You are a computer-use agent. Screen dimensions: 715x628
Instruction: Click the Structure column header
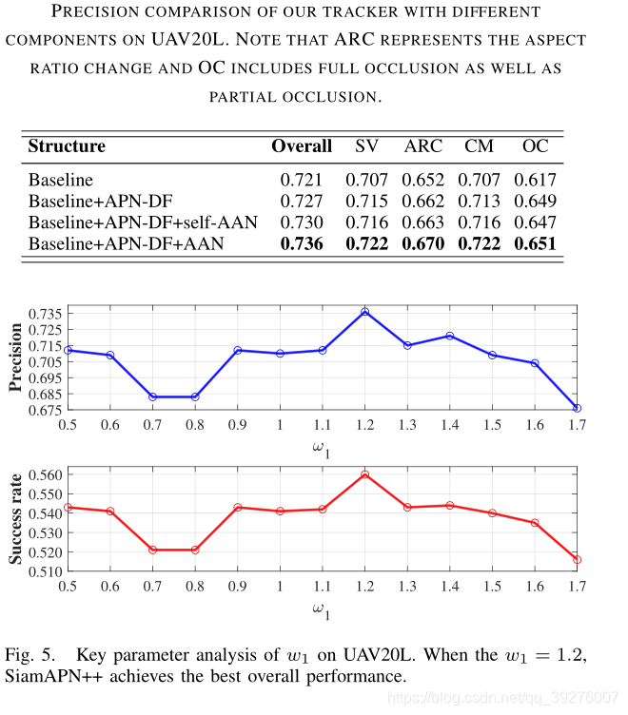click(67, 146)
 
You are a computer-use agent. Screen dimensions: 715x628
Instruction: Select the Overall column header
click(302, 146)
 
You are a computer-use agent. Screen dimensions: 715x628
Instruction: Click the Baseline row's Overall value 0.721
click(302, 180)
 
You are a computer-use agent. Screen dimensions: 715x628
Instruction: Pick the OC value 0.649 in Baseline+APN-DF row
click(535, 202)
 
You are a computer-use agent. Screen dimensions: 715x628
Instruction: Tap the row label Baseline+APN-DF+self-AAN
click(143, 222)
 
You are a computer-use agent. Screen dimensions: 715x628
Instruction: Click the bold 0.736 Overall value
click(302, 244)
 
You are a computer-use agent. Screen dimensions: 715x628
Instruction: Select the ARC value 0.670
click(423, 244)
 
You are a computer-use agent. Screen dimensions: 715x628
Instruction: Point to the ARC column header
click(423, 146)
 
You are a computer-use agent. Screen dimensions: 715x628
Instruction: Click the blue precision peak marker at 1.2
click(364, 312)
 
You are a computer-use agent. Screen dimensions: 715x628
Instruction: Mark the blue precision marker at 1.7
click(577, 408)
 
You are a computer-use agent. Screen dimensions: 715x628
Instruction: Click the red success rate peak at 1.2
click(364, 474)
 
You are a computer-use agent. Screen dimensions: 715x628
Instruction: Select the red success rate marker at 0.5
click(68, 507)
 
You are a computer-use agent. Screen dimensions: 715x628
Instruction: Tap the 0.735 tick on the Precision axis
click(44, 314)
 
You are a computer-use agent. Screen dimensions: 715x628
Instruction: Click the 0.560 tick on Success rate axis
click(44, 474)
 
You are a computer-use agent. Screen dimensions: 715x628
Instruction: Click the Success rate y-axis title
click(15, 521)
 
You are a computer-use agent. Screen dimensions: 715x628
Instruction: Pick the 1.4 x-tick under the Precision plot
click(449, 424)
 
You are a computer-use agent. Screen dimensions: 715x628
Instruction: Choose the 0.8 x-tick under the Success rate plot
click(194, 587)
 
